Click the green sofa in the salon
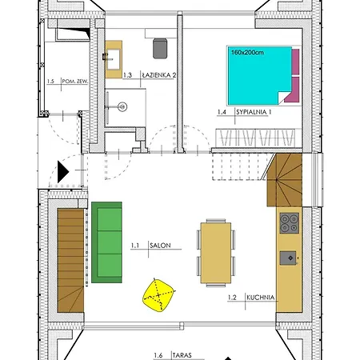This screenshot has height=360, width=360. [x=106, y=242]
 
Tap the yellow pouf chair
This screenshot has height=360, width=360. [x=158, y=295]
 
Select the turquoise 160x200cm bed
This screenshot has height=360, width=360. [x=259, y=75]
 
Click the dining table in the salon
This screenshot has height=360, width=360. [x=216, y=253]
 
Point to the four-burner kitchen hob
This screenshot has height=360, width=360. [x=289, y=223]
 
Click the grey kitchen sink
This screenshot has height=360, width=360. [x=288, y=258]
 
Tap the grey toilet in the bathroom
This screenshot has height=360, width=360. [x=160, y=48]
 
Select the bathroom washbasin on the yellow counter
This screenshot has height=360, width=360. [x=114, y=59]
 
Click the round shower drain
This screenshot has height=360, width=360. [x=122, y=107]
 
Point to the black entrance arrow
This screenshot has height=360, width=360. [x=63, y=172]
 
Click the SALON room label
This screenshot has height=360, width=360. [x=160, y=246]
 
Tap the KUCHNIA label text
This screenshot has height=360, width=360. [x=261, y=298]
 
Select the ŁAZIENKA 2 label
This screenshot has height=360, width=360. [x=159, y=75]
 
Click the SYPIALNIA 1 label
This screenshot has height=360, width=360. [x=254, y=112]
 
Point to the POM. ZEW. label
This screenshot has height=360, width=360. [x=75, y=82]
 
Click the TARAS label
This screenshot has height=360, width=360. [x=182, y=355]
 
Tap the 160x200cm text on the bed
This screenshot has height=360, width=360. [x=247, y=52]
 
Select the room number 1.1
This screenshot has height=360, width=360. [x=135, y=246]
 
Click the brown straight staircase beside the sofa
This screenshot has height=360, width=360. [x=70, y=261]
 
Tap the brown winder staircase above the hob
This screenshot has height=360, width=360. [x=285, y=180]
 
